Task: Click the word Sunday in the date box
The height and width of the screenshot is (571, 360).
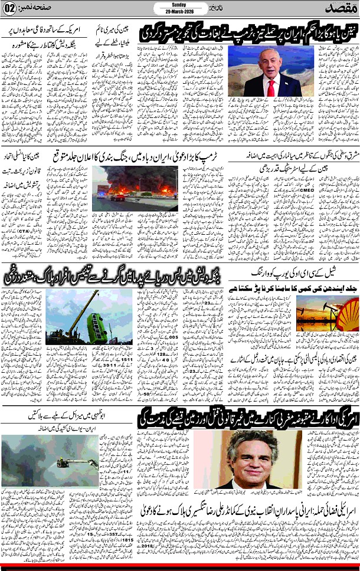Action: coord(179,4)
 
